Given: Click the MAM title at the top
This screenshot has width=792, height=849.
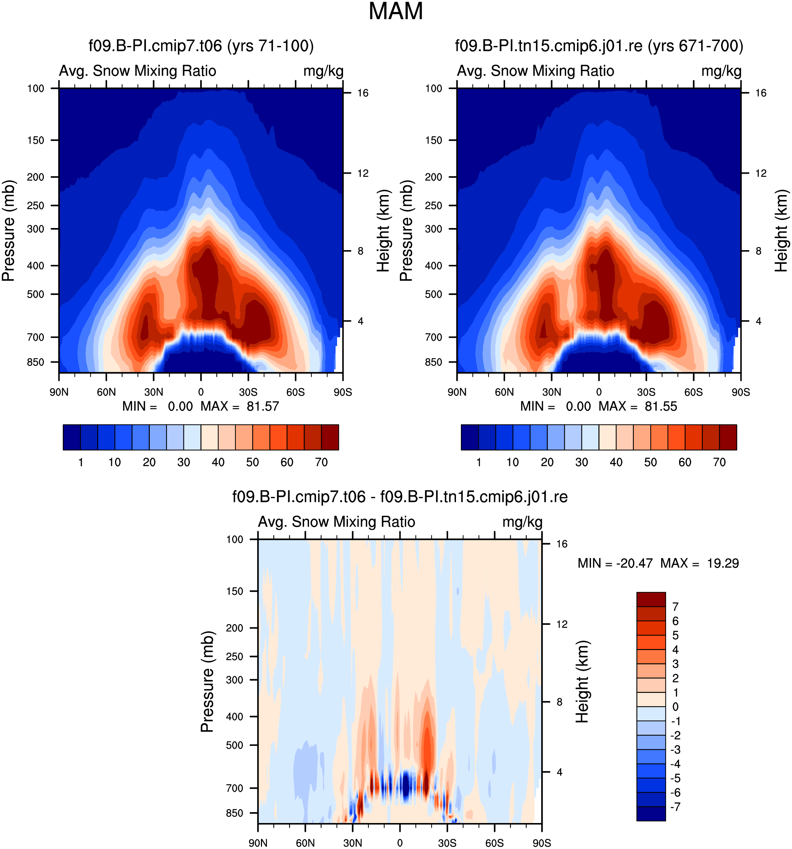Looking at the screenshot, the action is coord(395,11).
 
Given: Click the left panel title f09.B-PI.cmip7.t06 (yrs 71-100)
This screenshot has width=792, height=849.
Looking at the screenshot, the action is coord(201,45).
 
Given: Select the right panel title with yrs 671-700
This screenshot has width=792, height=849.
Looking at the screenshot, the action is coord(599,45).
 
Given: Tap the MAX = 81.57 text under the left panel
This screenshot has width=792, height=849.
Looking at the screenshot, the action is coord(240,406).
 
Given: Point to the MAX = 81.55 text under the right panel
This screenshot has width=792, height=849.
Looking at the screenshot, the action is coord(637,406).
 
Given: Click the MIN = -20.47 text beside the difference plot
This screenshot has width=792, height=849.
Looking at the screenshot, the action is coord(615,563).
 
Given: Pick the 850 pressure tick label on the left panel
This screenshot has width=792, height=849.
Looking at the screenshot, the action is coord(35,362).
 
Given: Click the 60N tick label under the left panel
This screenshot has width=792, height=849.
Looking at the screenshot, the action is coord(106,392).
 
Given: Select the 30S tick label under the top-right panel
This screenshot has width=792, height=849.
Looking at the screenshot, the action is coord(646,392).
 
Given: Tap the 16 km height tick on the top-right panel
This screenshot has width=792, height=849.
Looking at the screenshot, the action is coord(760,93).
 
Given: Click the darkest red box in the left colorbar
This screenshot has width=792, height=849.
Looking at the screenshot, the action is coord(330,437).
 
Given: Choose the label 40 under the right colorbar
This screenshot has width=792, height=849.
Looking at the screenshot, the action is coord(616,462).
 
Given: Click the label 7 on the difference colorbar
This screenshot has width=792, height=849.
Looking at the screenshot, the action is coord(675,607).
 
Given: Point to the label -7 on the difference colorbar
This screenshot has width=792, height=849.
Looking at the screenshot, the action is coord(675,807).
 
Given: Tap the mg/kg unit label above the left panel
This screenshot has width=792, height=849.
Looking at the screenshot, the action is coord(323,71).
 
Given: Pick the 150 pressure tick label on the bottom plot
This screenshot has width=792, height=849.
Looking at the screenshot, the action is coord(234,591).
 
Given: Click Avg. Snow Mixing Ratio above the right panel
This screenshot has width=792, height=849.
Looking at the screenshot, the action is coord(535,71).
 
